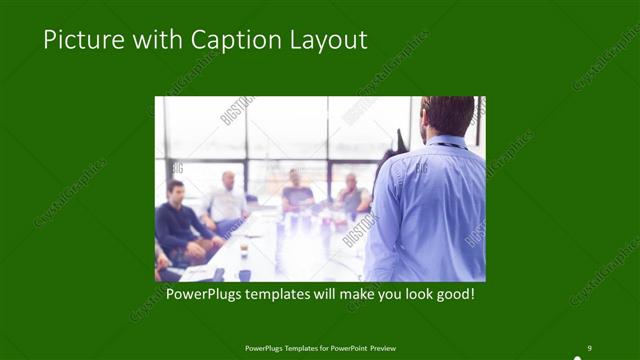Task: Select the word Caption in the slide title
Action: (x=218, y=41)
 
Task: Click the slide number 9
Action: (x=589, y=347)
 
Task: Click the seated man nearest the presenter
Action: (x=350, y=194)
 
